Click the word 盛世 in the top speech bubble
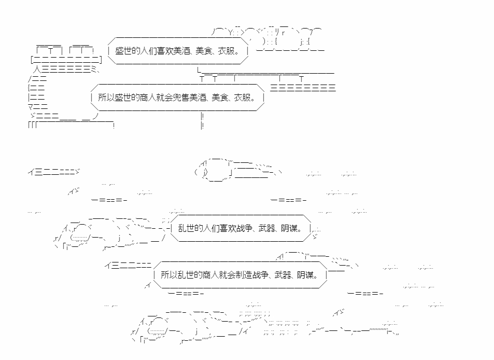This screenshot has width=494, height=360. (x=123, y=51)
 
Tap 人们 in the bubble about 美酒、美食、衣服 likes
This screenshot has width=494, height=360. (x=148, y=51)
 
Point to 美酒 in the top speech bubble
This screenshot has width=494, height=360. (x=180, y=51)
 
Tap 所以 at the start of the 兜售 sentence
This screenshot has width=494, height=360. (x=106, y=98)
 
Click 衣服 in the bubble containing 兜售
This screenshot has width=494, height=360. (x=242, y=98)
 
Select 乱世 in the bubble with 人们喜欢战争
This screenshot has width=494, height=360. (x=186, y=228)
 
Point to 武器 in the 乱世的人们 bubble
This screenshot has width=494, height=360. (x=266, y=228)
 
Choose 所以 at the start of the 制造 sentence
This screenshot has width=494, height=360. (x=169, y=275)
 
